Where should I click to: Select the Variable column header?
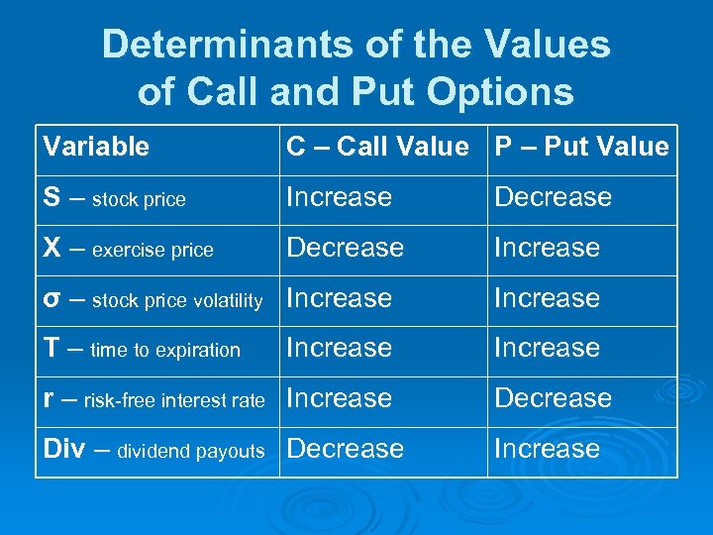(x=96, y=148)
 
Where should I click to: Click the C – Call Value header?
(x=377, y=148)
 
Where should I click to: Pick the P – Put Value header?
(x=582, y=148)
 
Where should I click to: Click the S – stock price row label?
(x=115, y=198)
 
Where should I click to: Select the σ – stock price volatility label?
(x=153, y=299)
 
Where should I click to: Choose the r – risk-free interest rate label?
(x=154, y=399)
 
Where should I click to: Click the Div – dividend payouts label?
(x=154, y=450)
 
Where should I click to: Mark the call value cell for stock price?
(x=340, y=198)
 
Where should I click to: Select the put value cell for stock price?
(x=553, y=198)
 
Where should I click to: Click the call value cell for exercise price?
(x=346, y=248)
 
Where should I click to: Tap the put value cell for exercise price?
(x=547, y=248)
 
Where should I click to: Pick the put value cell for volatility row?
(x=547, y=298)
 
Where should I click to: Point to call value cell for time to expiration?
(x=340, y=349)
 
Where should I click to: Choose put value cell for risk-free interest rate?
(x=553, y=398)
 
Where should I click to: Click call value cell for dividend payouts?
(x=346, y=449)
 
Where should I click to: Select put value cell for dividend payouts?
(x=547, y=449)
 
